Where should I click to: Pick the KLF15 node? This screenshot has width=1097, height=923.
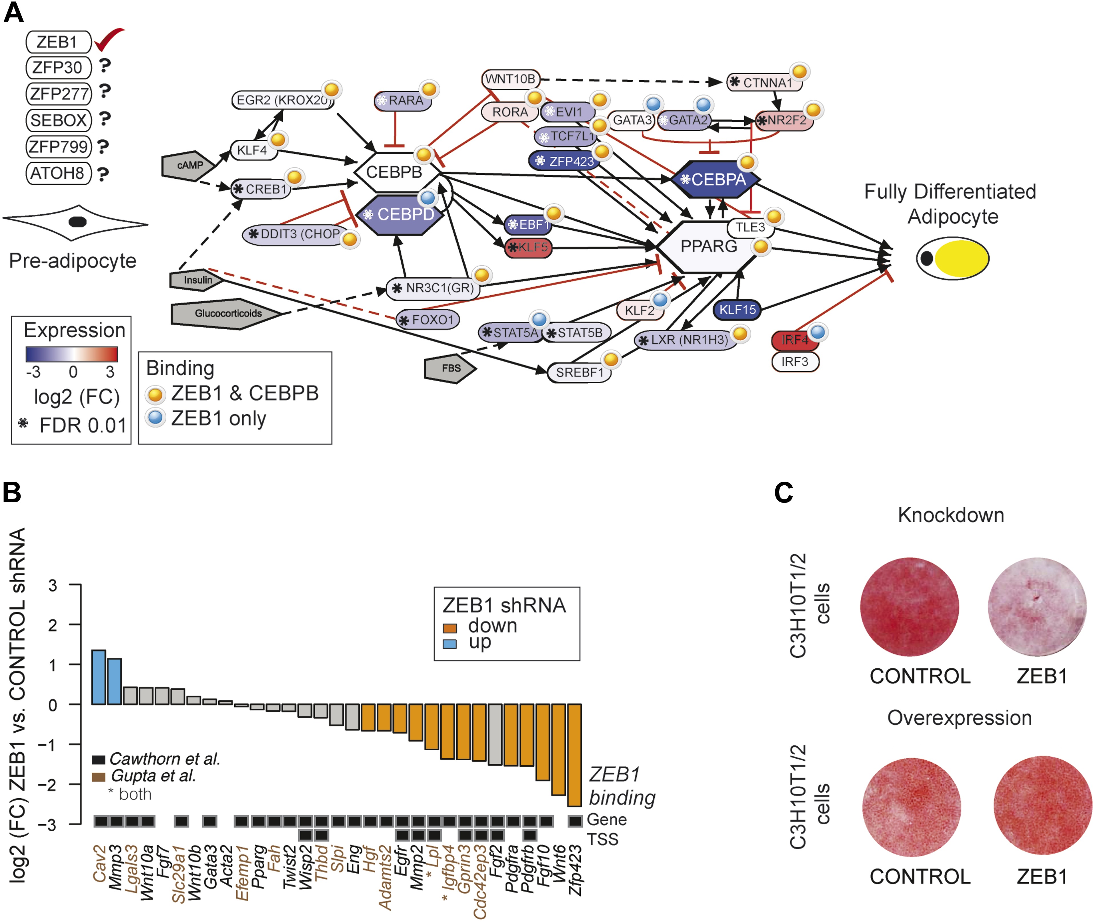click(x=737, y=310)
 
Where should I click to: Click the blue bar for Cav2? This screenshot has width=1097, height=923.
click(x=99, y=677)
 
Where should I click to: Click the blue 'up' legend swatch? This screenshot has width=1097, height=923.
click(x=449, y=644)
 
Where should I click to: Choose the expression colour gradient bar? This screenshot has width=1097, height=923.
click(x=72, y=354)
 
